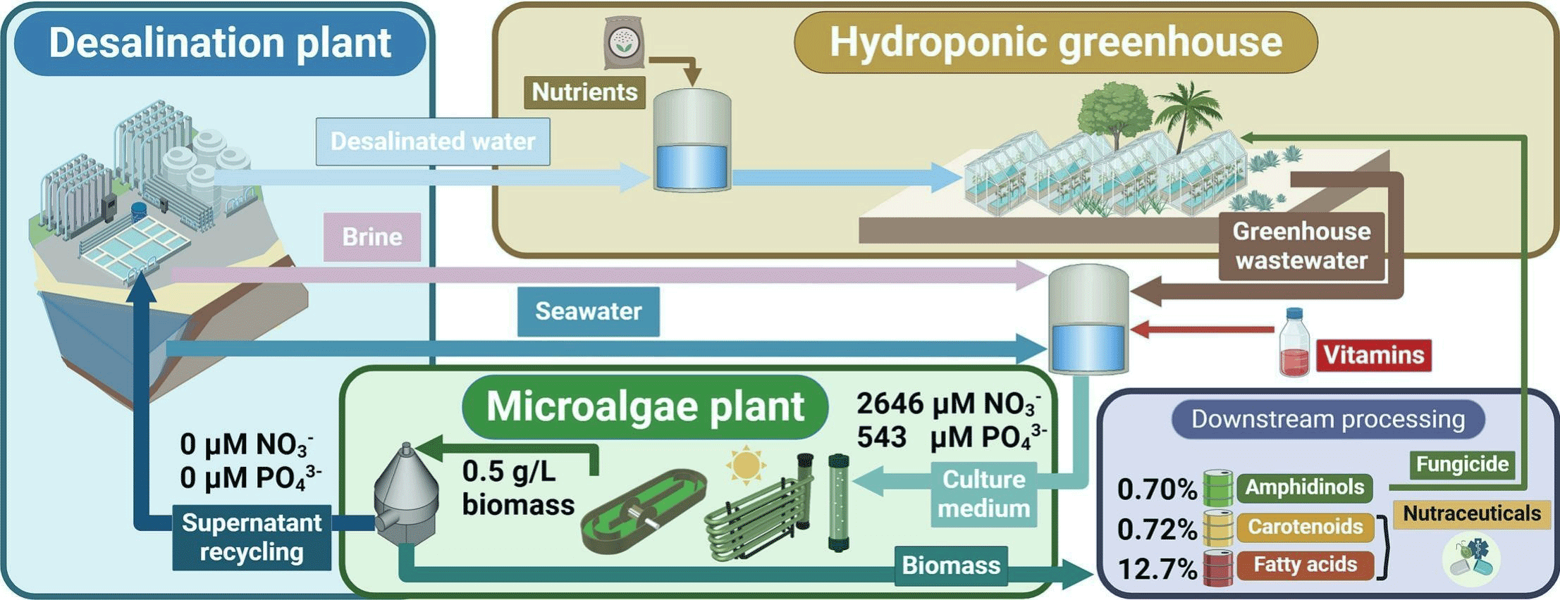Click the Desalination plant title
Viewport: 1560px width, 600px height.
point(219,43)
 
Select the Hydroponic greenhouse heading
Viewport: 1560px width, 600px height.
point(1055,42)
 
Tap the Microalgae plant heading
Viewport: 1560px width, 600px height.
point(645,406)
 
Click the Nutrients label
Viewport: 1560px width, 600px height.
point(584,92)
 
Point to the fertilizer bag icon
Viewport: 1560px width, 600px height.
point(624,42)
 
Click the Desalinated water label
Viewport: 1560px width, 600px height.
point(433,142)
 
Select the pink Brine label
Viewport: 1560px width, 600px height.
point(372,237)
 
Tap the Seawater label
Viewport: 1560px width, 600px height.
point(589,311)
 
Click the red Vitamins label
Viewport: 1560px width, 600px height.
point(1374,355)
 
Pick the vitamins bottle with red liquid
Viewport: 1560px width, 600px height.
point(1294,342)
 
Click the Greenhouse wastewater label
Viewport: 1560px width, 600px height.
point(1301,246)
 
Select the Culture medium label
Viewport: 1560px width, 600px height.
point(984,494)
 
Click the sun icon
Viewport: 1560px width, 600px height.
point(746,465)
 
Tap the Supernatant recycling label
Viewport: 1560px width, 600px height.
point(252,537)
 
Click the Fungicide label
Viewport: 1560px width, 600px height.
point(1462,464)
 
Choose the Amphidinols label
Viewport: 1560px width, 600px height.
point(1305,487)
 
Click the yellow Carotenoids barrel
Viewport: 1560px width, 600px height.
point(1217,528)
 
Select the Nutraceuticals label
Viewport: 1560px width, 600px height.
point(1472,513)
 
